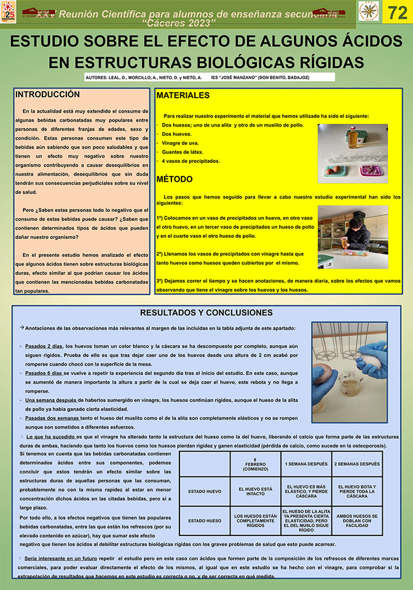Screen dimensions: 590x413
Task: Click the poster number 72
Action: (398, 12)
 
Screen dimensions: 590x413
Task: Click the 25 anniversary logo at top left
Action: (9, 12)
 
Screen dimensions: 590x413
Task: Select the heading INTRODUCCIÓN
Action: (47, 95)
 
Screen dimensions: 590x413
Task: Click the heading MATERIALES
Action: (183, 96)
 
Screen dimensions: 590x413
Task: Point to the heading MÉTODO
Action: (175, 179)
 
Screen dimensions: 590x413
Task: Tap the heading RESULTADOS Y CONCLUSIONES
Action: (206, 313)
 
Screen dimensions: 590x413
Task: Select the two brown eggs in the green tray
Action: (336, 170)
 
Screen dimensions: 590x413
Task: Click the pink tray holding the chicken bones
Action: (370, 169)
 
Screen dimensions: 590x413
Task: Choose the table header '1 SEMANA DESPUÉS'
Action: (305, 464)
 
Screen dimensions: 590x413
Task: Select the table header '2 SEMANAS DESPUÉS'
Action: (356, 464)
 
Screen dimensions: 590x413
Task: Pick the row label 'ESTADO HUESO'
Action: (205, 521)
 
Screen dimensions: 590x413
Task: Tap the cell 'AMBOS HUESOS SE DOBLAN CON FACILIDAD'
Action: (356, 521)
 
